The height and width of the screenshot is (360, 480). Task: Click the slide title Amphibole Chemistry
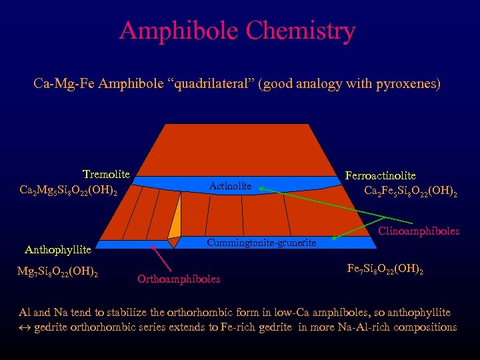(x=237, y=31)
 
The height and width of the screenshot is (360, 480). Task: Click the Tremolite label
(x=106, y=175)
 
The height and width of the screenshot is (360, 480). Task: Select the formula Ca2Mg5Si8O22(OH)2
(x=69, y=191)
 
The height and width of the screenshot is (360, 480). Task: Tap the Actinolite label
(x=231, y=187)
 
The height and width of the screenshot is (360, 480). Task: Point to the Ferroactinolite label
(x=380, y=175)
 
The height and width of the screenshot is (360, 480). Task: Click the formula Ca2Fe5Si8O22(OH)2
(x=411, y=192)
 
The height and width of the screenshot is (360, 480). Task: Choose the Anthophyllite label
(x=57, y=250)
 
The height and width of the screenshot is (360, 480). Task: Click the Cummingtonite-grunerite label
(x=261, y=243)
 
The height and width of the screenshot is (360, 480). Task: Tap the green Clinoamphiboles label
(x=419, y=231)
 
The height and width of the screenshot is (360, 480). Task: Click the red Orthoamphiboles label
(x=179, y=279)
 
